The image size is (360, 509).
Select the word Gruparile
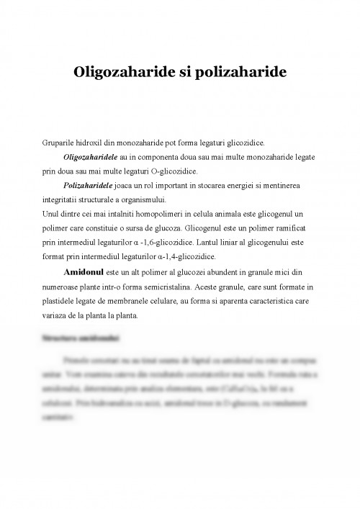pos(60,145)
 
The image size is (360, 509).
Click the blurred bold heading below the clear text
pos(80,338)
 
